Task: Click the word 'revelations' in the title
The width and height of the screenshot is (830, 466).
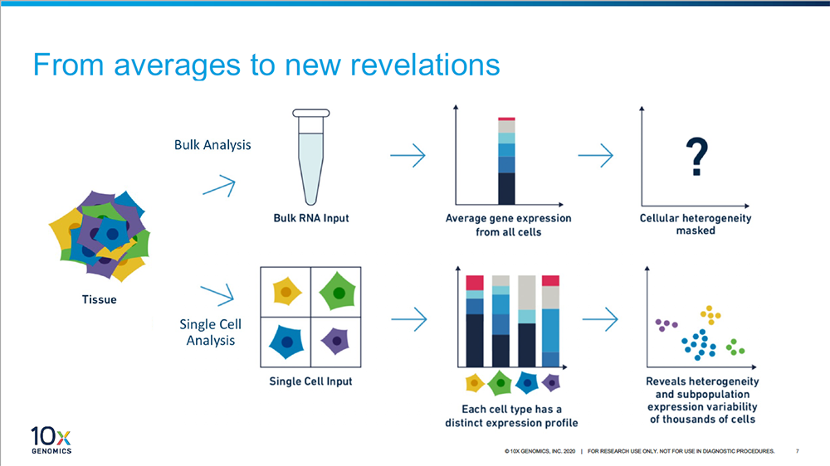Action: (x=425, y=65)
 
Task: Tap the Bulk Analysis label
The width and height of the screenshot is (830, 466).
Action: (x=212, y=145)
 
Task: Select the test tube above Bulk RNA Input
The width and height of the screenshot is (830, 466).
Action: (x=311, y=157)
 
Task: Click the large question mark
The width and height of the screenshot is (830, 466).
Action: (x=696, y=157)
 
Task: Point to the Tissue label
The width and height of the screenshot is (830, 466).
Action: (x=99, y=299)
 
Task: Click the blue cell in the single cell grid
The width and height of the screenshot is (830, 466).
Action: (x=287, y=342)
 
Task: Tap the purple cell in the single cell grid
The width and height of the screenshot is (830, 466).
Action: (x=335, y=341)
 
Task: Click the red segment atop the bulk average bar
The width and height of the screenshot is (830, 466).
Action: (x=506, y=119)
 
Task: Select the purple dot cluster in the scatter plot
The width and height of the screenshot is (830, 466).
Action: (x=666, y=325)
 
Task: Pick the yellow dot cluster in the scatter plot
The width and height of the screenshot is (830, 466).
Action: (x=710, y=315)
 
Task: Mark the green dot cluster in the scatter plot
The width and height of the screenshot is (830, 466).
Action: (x=735, y=347)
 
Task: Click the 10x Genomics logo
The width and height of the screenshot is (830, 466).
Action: (x=51, y=440)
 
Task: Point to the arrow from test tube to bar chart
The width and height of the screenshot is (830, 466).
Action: (x=408, y=156)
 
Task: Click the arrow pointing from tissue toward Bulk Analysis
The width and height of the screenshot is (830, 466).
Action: (x=219, y=187)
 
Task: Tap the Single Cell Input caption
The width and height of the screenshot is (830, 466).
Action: (x=310, y=381)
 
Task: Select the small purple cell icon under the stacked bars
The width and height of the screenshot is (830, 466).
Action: (x=551, y=382)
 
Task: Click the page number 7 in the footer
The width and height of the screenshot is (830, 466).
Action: (x=797, y=451)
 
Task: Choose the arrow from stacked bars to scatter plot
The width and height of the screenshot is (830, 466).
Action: (x=600, y=319)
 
